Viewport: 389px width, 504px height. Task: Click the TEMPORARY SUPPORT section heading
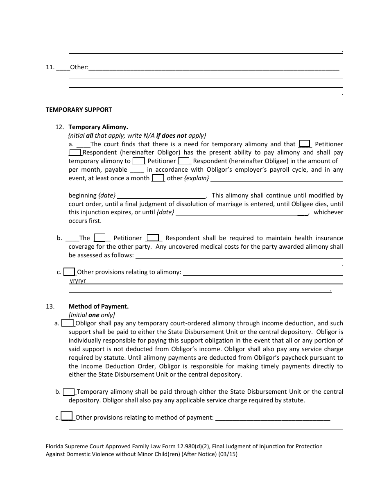pos(79,110)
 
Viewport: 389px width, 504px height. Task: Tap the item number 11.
pos(50,67)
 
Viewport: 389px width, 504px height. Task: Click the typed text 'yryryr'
pos(78,281)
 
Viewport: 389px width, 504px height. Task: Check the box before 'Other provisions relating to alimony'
pos(70,272)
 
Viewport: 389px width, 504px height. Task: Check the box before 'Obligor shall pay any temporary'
pos(67,323)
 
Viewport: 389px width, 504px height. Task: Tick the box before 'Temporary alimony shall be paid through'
pos(69,392)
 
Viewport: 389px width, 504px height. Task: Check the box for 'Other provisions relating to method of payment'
pos(67,417)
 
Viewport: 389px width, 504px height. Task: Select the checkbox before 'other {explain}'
pos(158,178)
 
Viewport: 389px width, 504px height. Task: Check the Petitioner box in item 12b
pos(100,238)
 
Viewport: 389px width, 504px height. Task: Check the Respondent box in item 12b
pos(152,238)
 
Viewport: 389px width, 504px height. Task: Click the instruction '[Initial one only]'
pos(92,315)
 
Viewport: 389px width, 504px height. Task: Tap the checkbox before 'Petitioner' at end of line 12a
pos(304,144)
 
